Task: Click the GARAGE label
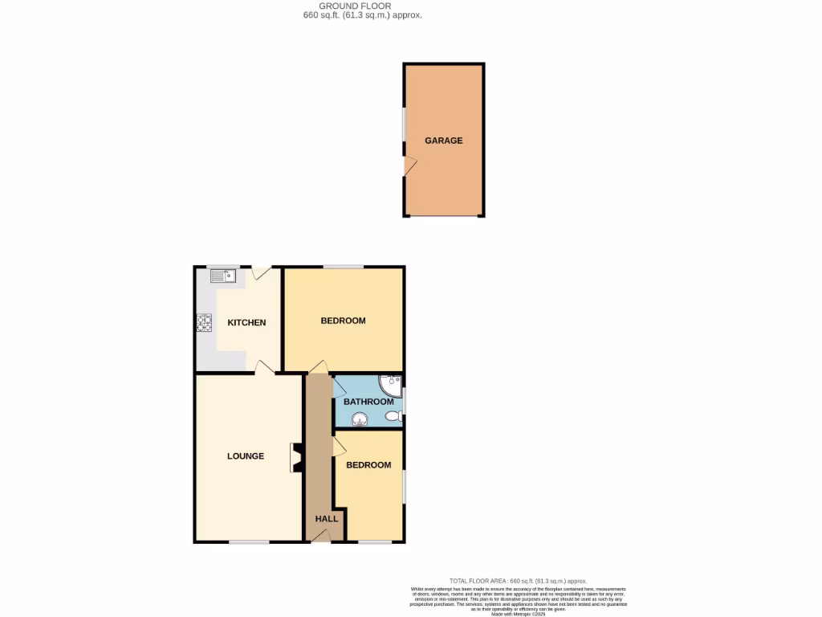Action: (x=443, y=141)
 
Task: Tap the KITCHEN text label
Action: (x=246, y=323)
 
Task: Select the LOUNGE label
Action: (x=246, y=456)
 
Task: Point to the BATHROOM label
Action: (x=368, y=402)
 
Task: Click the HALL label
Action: (x=326, y=519)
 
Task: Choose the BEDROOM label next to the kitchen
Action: (x=343, y=321)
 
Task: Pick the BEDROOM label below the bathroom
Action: (x=368, y=465)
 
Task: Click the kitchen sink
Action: (x=222, y=277)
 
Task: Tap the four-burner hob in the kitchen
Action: (x=204, y=323)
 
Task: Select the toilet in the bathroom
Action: (x=393, y=416)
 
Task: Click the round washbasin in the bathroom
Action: (x=357, y=417)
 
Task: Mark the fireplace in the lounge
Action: (x=295, y=457)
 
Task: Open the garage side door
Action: (x=409, y=165)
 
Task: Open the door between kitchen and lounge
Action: (x=264, y=367)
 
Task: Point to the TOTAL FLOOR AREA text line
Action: (x=518, y=581)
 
